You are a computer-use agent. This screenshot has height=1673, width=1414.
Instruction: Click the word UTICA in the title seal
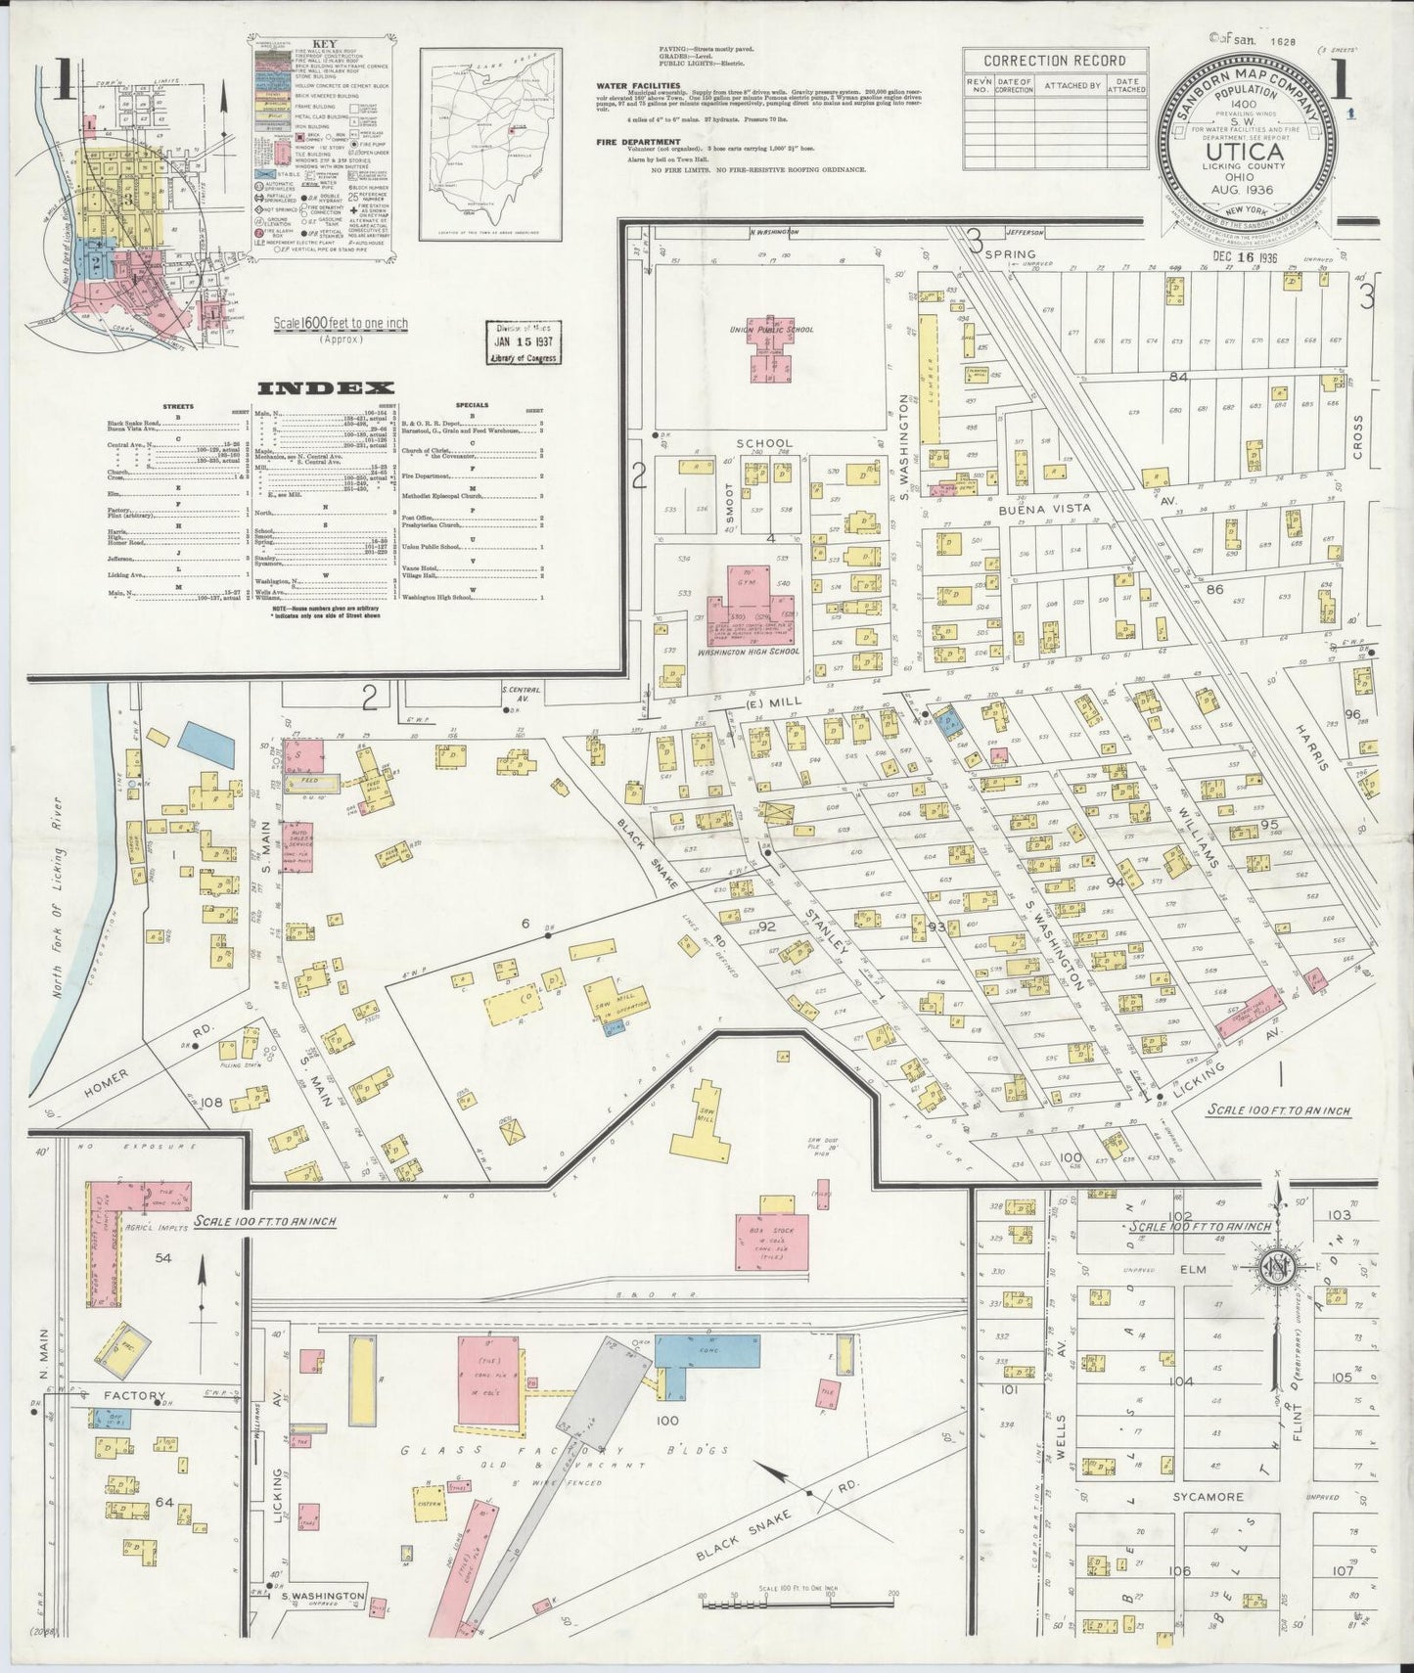1245,154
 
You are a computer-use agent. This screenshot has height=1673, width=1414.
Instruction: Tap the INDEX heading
326,388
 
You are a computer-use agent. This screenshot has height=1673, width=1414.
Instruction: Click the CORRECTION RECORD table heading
1046,61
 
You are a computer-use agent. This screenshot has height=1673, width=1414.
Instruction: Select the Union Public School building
770,349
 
